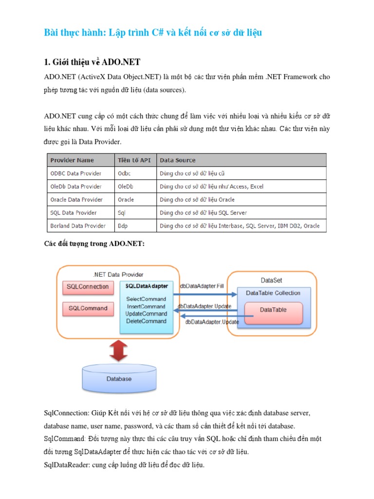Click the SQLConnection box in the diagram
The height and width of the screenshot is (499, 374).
[x=88, y=287]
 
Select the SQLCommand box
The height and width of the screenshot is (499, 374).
[x=88, y=308]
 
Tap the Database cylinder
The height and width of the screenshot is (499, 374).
[x=119, y=379]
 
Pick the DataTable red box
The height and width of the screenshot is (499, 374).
[x=273, y=310]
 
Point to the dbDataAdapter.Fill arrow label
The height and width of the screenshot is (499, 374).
[x=202, y=286]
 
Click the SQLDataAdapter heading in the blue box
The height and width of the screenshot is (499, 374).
[x=147, y=286]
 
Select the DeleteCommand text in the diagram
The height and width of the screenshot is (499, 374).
[x=146, y=321]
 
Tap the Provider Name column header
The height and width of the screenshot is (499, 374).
[x=72, y=160]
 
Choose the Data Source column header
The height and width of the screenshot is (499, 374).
[x=178, y=160]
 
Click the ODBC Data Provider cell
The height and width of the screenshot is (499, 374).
[x=76, y=173]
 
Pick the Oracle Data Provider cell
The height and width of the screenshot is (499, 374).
[x=76, y=199]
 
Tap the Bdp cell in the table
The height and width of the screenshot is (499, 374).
[x=123, y=226]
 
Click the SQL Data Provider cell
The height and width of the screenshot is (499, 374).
[x=74, y=212]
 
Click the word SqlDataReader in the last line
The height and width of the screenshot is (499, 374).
[x=66, y=465]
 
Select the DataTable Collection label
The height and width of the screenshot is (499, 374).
[x=273, y=293]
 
